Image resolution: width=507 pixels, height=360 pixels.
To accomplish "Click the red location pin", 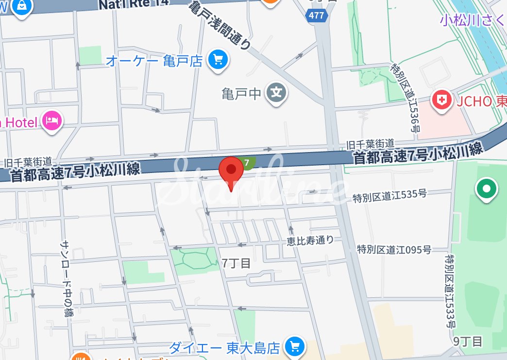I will (231, 170).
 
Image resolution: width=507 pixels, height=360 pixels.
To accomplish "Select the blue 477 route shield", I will (316, 16).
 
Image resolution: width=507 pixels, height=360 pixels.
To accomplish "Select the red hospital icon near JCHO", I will (441, 101).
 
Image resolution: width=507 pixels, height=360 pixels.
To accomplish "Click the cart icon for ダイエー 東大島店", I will (294, 346).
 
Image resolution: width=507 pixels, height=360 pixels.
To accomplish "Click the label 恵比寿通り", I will (310, 240).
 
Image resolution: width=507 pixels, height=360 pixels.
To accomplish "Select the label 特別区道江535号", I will (389, 196).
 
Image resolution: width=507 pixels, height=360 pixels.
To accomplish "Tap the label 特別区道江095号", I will (394, 250).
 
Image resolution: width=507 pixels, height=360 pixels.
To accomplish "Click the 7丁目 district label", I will (237, 263).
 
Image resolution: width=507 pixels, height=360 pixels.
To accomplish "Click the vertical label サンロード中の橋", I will (66, 279).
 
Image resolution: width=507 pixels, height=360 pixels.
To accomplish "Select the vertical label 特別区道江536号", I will (406, 98).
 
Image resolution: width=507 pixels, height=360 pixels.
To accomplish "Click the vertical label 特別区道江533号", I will (451, 291).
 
